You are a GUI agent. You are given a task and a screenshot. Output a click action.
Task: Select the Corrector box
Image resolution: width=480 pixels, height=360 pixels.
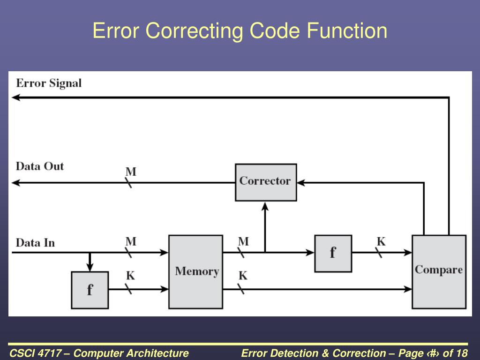coord(265,182)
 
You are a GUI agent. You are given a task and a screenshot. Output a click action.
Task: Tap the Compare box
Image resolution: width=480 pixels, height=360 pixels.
coord(439,271)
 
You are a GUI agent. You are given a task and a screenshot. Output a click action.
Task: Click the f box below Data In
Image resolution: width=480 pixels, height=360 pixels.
coord(90,290)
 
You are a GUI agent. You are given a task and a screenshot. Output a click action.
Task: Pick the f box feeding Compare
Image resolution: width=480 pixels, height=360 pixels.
coord(333,253)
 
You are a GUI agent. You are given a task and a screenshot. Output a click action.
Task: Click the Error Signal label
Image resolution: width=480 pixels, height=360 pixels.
coord(49,83)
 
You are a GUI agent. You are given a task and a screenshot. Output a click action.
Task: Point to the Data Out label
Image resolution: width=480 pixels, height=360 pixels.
coord(40,166)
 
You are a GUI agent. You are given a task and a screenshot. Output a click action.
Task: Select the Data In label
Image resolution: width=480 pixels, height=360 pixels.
coord(35,243)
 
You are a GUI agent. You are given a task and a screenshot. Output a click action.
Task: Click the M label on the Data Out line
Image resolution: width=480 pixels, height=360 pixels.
coord(131,172)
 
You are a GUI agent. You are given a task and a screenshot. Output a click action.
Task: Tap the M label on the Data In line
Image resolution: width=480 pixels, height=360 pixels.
coord(131,242)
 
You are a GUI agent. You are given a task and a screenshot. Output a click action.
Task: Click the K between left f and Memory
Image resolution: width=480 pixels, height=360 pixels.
coord(130,276)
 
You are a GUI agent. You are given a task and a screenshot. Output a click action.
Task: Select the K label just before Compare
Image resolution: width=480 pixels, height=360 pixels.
coord(381,242)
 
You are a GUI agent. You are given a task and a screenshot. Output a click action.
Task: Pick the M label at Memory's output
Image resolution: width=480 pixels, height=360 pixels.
coord(243,242)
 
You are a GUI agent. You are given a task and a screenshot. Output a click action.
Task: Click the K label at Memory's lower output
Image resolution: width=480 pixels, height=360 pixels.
coord(243,276)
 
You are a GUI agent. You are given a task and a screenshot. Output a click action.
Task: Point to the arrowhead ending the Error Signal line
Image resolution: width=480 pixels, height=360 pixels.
coord(15,97)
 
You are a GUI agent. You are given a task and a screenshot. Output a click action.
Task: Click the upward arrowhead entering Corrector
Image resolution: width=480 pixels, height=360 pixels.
coord(265,206)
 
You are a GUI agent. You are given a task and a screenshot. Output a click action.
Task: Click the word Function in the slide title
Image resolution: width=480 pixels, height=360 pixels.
coord(347,31)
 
